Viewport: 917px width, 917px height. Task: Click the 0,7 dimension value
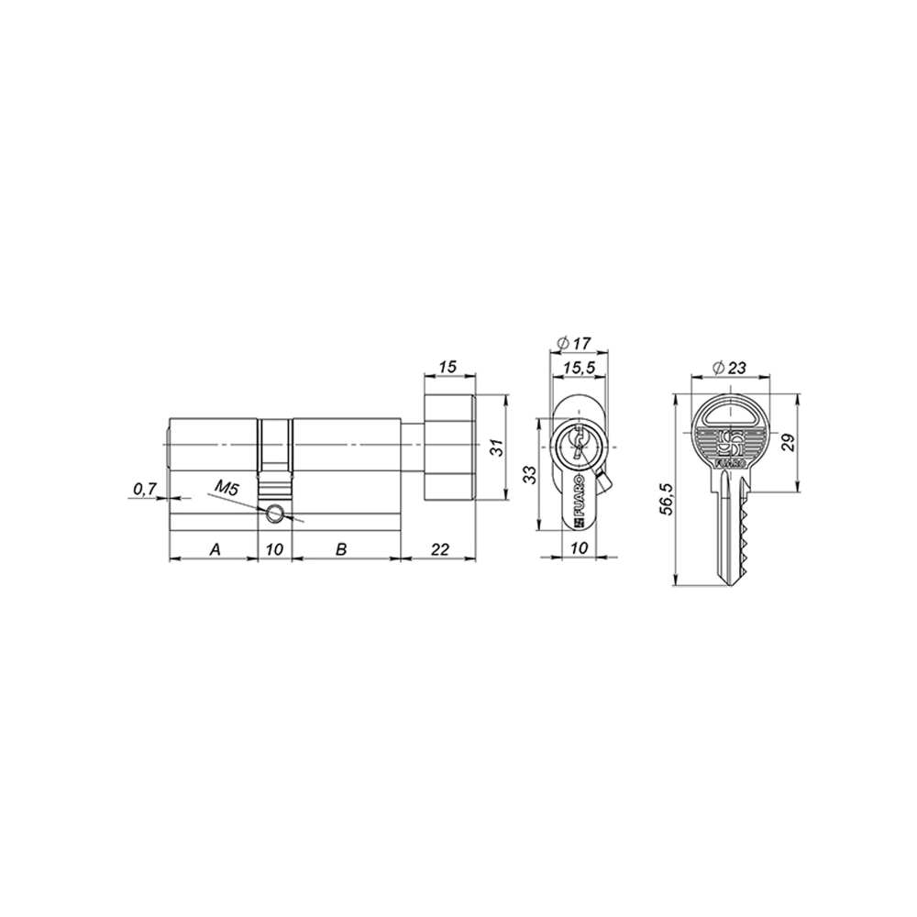pyautogui.click(x=144, y=490)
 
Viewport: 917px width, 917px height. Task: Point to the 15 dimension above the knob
pyautogui.click(x=447, y=367)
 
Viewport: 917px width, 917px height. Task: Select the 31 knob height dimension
pyautogui.click(x=495, y=447)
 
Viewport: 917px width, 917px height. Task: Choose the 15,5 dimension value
pyautogui.click(x=575, y=367)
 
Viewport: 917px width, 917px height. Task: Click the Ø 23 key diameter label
pyautogui.click(x=729, y=368)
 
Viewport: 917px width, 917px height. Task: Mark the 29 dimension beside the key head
pyautogui.click(x=786, y=444)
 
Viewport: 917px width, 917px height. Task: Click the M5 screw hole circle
pyautogui.click(x=274, y=515)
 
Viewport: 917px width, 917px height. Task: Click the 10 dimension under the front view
pyautogui.click(x=577, y=548)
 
